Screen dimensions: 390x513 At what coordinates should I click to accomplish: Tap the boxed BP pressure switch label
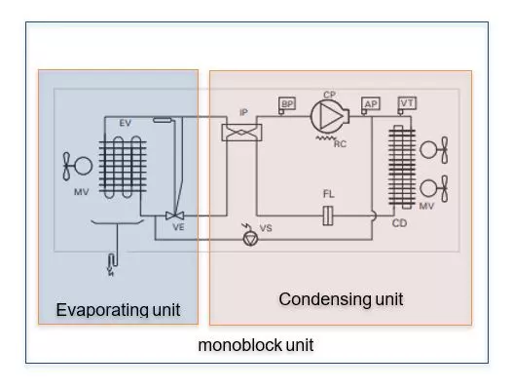[287, 103]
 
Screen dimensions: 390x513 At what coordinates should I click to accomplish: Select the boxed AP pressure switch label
[371, 103]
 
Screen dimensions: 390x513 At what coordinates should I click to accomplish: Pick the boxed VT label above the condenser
[407, 102]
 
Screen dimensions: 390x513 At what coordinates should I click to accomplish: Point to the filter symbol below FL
[329, 214]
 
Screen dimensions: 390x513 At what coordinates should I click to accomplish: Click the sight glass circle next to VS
[252, 236]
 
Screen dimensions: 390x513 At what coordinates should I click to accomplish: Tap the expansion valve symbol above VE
[176, 214]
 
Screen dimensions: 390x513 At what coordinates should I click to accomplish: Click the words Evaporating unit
[118, 310]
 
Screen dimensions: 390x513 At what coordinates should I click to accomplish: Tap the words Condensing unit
[340, 298]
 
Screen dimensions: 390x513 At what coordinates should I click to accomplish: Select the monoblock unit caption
[255, 345]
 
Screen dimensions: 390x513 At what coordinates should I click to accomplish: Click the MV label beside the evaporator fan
[81, 192]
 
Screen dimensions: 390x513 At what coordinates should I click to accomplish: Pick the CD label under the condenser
[398, 222]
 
